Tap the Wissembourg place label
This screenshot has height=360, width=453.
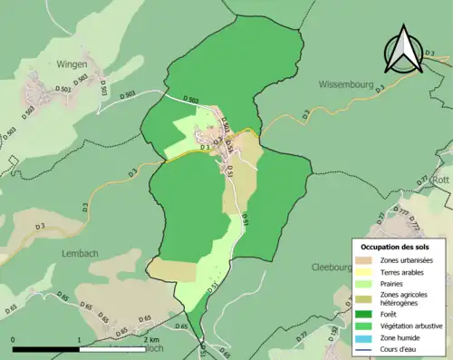[x=347, y=83]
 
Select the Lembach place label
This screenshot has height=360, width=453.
[x=80, y=253]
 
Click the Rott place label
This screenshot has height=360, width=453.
[x=441, y=180]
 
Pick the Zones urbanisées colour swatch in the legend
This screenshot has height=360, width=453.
[x=367, y=261]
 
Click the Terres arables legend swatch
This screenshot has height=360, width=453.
[x=367, y=272]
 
